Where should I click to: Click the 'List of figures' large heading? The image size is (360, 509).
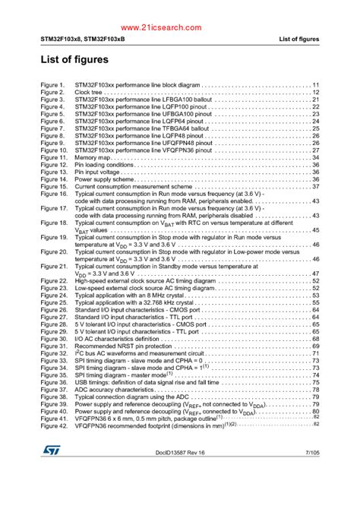[x=74, y=59]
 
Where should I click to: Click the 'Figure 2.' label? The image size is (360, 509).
[x=52, y=92]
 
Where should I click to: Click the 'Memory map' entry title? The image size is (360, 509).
[x=91, y=157]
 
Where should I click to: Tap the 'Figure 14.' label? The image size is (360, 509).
[x=54, y=179]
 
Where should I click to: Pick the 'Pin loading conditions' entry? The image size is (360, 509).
[x=104, y=165]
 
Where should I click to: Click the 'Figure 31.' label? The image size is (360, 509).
[x=54, y=346]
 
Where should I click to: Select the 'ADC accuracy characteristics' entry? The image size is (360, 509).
[x=112, y=390]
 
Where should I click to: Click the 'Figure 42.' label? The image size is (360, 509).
[x=54, y=426]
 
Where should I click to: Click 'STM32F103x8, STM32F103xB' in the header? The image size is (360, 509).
[x=80, y=39]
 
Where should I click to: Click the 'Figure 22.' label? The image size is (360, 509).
[x=54, y=281]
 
